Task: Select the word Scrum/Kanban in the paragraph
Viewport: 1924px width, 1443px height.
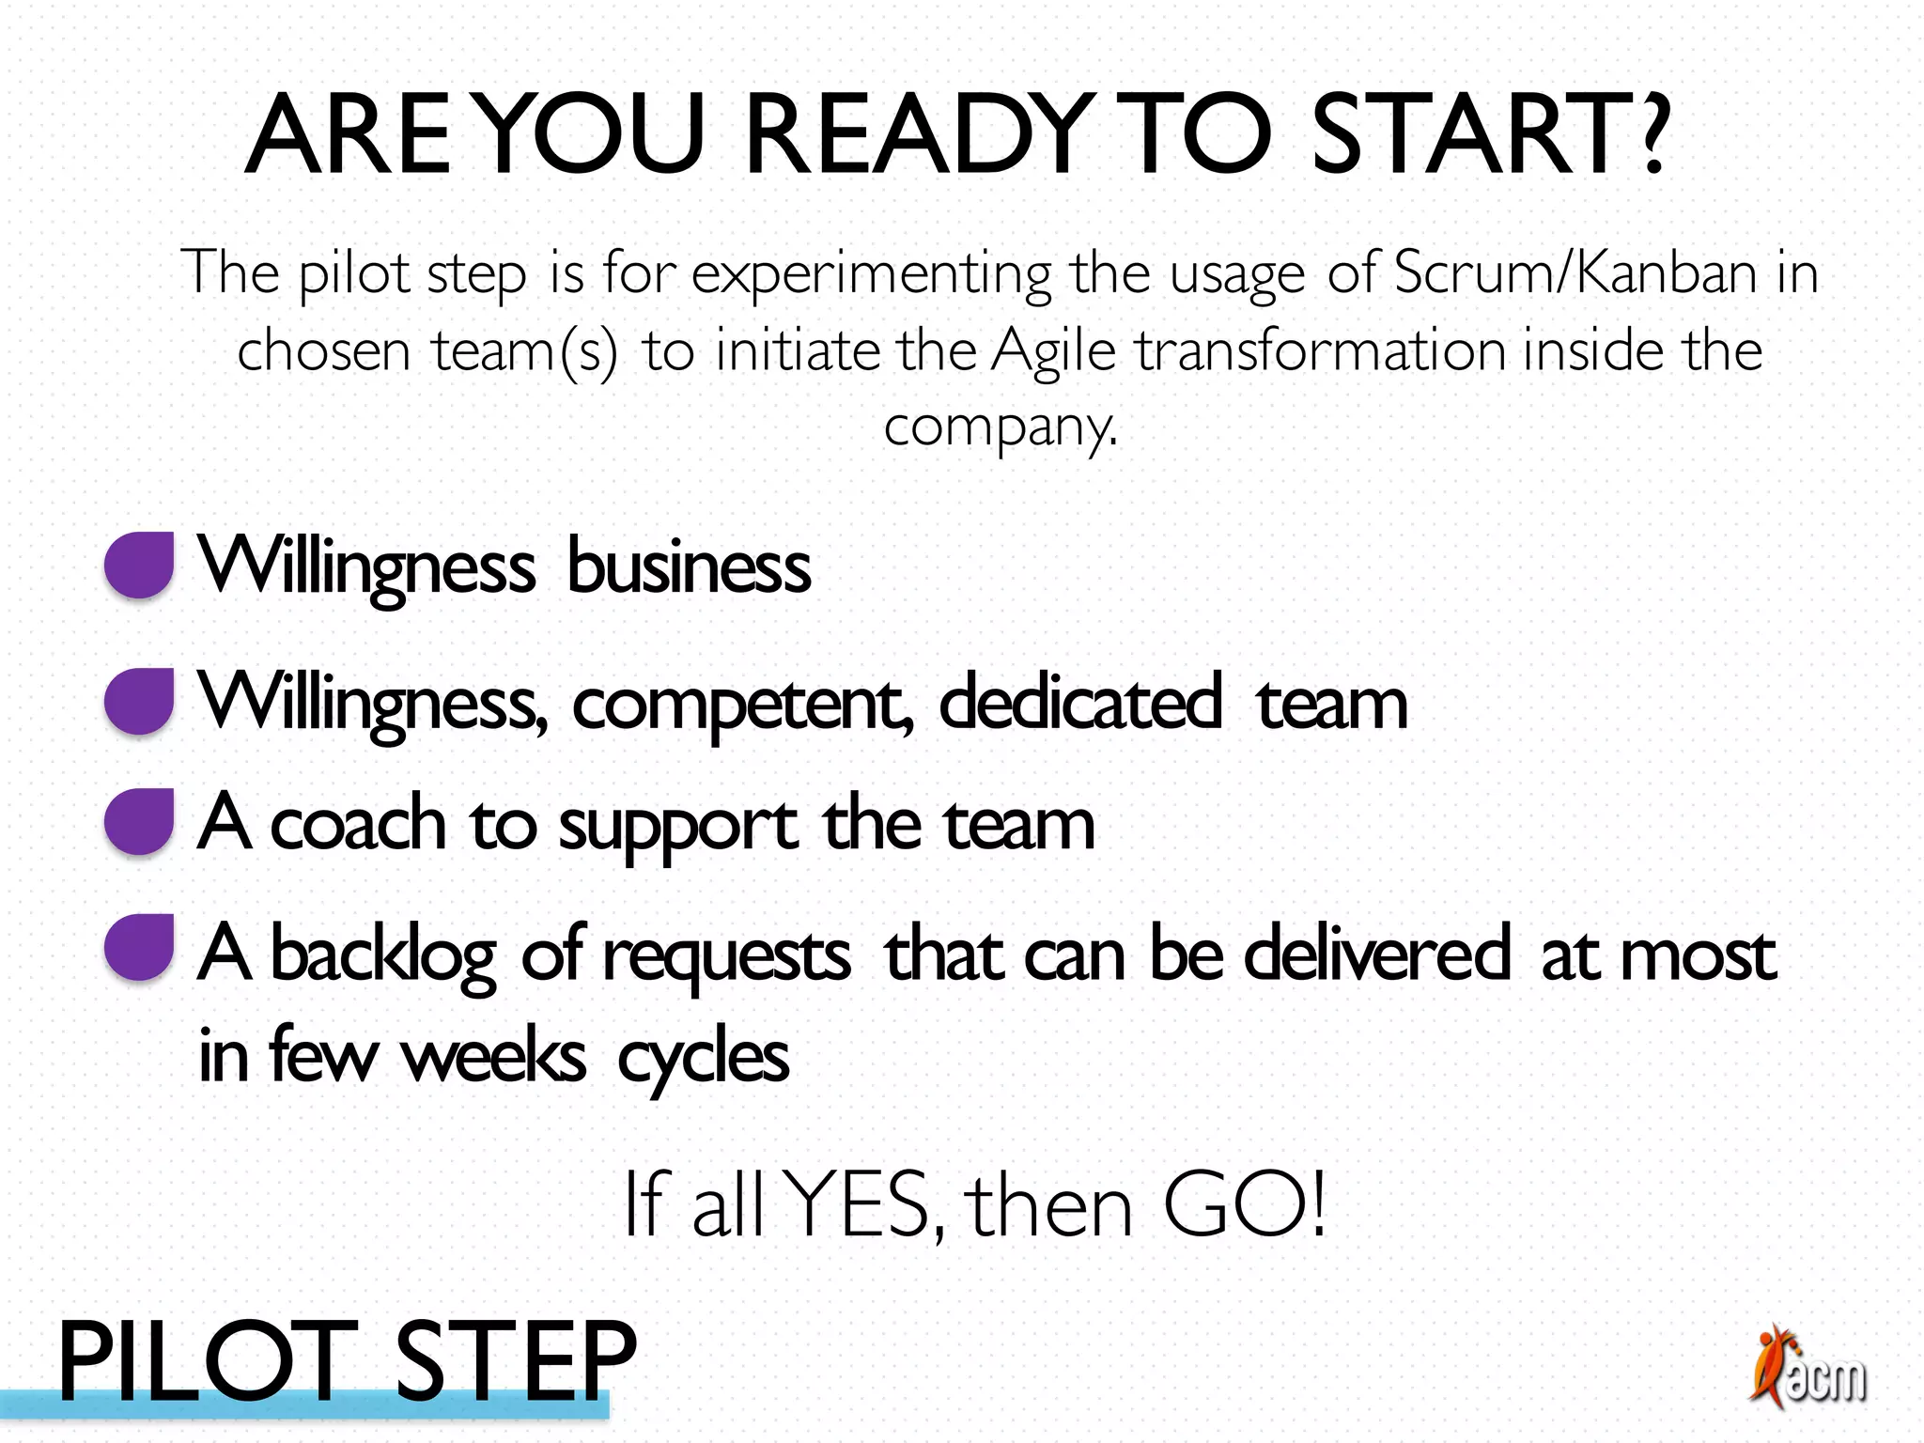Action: click(1575, 273)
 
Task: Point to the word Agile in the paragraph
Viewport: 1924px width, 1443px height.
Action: click(1053, 351)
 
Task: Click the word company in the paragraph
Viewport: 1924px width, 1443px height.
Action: click(998, 428)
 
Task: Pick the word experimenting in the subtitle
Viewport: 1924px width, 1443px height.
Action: click(871, 275)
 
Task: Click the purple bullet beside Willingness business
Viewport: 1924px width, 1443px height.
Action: click(139, 565)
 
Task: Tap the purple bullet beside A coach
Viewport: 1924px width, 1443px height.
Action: click(139, 821)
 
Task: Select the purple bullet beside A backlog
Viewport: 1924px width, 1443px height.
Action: click(139, 947)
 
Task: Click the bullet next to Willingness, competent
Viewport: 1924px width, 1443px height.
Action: click(139, 701)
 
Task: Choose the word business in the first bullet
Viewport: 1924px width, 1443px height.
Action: click(689, 567)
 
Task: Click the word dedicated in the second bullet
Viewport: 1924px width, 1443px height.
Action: click(1080, 702)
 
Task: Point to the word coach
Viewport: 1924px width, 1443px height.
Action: click(358, 824)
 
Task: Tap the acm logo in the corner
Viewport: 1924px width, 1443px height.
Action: click(1808, 1368)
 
